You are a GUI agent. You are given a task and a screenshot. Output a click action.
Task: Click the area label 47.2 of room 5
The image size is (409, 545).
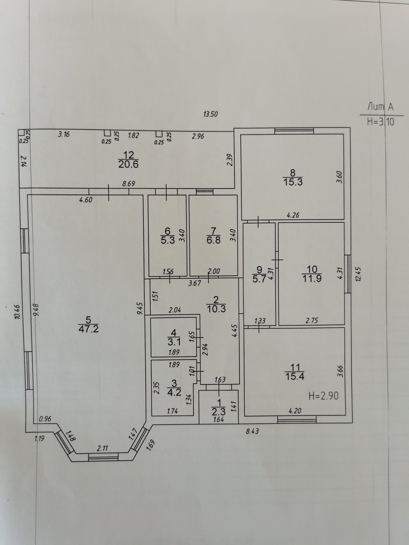coord(89,329)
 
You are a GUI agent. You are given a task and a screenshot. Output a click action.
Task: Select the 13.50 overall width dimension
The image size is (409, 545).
coord(211,114)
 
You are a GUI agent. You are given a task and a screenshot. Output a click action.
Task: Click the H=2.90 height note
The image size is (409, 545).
coord(323,396)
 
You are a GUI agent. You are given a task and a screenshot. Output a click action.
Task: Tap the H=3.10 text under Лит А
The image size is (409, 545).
coord(381,122)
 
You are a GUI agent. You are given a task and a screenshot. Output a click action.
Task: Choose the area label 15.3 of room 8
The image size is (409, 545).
coord(293,182)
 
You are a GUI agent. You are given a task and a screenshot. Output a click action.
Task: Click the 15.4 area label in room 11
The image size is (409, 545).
coord(295,377)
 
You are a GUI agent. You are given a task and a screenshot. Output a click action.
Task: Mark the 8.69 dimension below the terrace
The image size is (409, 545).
coord(128,184)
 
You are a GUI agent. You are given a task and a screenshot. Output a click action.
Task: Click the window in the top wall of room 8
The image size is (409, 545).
coord(294,131)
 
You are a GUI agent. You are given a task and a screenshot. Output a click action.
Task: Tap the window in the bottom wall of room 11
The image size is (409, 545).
coord(297,419)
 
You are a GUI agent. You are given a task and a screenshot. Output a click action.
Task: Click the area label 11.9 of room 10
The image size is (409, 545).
coord(312,279)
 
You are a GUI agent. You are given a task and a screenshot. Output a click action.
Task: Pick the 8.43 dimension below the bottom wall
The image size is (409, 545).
coord(252,431)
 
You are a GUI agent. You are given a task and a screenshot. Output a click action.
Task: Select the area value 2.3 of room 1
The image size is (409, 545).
coord(218,412)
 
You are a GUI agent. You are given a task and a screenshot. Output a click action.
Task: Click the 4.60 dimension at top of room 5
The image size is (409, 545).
coord(86,199)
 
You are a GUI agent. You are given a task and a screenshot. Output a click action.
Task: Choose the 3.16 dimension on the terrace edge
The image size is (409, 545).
coord(63,135)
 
